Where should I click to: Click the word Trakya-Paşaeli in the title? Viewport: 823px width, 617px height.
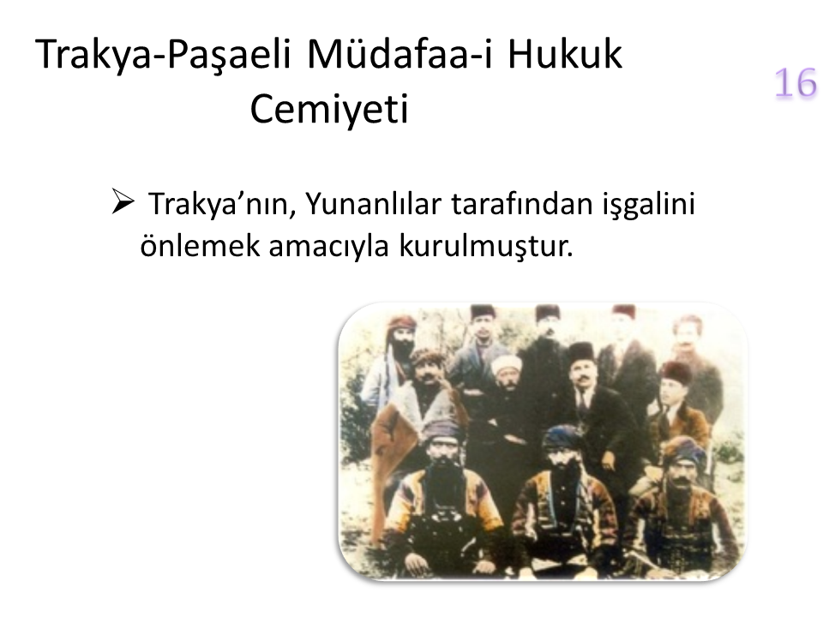163,55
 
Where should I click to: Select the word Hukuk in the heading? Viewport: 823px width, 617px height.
564,53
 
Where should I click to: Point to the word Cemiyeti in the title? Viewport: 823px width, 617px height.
329,109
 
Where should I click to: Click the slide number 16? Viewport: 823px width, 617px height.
796,82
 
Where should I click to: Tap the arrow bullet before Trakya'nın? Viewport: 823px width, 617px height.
123,201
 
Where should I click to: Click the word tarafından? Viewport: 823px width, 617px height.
522,204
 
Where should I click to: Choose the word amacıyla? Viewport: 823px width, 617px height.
328,247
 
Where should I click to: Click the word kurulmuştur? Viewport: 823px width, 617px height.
486,246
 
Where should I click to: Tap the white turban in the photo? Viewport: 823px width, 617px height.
506,363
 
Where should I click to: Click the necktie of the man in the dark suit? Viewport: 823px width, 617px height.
583,400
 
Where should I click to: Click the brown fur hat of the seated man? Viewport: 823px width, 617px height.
677,372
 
